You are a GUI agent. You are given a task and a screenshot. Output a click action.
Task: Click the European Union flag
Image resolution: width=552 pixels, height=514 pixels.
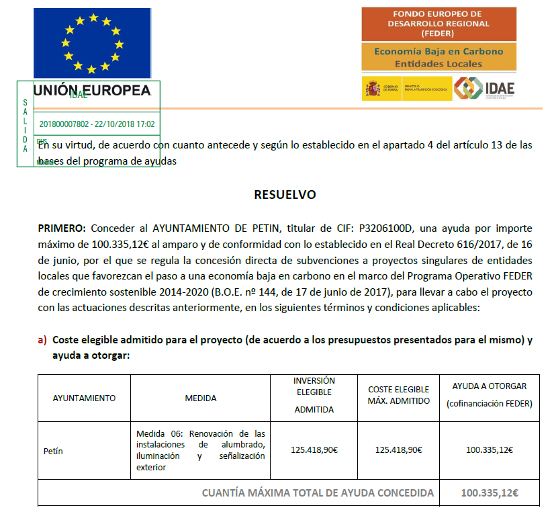tap(93, 44)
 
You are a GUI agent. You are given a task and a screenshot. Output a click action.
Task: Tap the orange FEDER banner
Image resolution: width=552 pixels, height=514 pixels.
tap(439, 24)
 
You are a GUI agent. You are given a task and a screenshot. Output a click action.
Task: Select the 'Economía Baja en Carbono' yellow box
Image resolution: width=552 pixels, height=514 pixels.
tap(439, 57)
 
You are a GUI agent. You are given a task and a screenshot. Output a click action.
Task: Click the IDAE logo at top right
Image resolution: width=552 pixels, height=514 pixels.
tap(485, 89)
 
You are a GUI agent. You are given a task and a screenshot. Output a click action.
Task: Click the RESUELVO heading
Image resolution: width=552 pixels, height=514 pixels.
tap(285, 195)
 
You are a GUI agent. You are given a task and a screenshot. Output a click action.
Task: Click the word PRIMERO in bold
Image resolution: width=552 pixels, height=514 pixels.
tap(62, 228)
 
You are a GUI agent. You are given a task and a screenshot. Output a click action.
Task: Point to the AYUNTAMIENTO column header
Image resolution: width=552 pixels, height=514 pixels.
tap(84, 398)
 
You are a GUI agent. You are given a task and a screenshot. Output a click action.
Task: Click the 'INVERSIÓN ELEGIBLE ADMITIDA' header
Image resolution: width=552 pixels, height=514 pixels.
tap(314, 395)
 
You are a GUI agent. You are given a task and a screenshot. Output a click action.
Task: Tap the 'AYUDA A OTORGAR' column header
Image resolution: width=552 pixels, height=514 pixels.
tap(490, 394)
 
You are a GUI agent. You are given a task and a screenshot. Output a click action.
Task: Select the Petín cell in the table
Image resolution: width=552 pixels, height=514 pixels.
tap(53, 451)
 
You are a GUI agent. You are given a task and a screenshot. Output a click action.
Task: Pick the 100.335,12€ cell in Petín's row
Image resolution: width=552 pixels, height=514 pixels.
tap(490, 450)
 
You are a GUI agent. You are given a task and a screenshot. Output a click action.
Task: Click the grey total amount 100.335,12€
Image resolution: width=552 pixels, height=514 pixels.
tap(490, 493)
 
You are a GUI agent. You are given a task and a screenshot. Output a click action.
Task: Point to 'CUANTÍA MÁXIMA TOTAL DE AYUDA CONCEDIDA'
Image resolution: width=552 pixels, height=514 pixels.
tap(318, 493)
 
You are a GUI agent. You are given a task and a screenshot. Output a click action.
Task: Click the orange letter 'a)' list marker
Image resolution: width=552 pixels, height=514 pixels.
tap(42, 340)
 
